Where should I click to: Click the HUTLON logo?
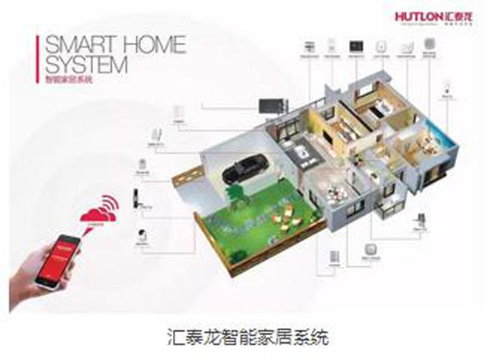[443, 16]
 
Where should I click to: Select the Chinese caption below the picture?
[245, 337]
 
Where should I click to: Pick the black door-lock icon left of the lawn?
[139, 201]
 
